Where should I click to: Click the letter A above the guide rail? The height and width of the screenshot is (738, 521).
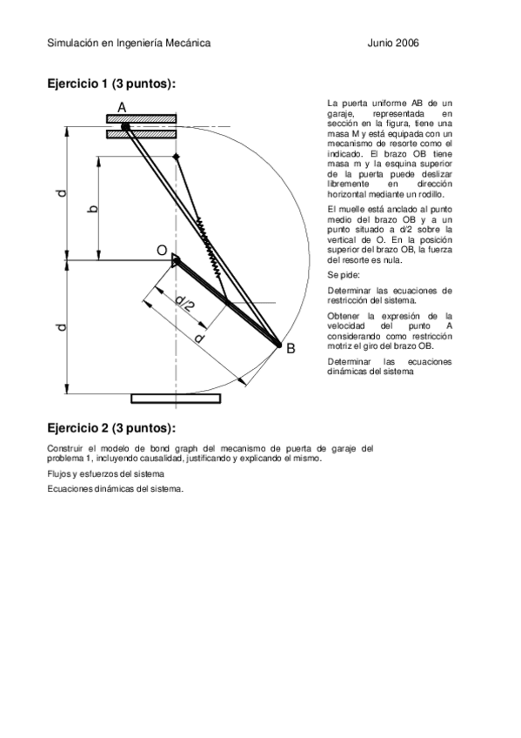[x=122, y=106]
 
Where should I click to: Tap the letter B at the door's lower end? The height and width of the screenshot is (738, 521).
[x=291, y=348]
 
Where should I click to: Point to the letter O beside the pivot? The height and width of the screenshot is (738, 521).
[x=161, y=251]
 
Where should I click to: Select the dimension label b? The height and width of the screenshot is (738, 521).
[x=92, y=208]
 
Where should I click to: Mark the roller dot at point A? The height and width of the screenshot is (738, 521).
[x=125, y=126]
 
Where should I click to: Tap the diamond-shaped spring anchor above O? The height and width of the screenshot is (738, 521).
[x=177, y=157]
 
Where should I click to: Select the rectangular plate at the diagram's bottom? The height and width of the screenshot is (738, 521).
[x=176, y=399]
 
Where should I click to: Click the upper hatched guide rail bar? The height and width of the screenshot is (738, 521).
[x=142, y=117]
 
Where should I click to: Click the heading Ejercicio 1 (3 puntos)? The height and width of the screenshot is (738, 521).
[x=111, y=84]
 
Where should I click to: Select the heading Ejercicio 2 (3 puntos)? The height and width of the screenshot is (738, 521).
[x=111, y=428]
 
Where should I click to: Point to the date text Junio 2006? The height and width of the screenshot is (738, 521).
[x=394, y=43]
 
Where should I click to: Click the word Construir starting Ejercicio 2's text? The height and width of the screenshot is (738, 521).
[x=65, y=448]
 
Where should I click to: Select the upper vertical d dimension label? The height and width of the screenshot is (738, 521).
[x=61, y=193]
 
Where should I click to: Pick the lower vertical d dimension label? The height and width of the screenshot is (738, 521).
[x=61, y=328]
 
